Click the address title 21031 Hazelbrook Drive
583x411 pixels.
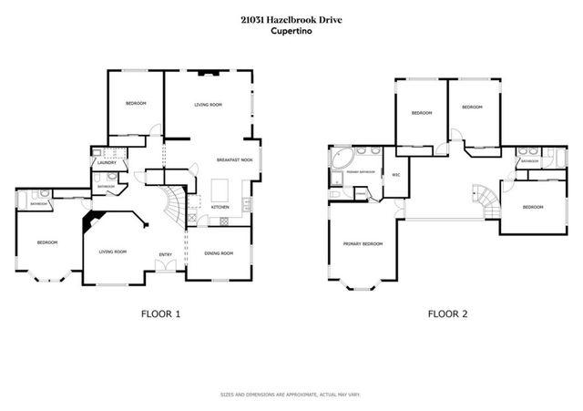pos(291,19)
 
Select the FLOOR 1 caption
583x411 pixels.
pos(160,314)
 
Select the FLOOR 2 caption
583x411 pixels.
pos(447,314)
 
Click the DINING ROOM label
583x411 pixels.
pos(220,253)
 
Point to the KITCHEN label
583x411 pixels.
pos(220,208)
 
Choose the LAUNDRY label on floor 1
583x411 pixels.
pos(107,163)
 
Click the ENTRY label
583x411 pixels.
pos(166,254)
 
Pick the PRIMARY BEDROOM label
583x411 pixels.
pos(363,244)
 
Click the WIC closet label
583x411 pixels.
pos(396,174)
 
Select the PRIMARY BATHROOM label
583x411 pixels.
pos(359,171)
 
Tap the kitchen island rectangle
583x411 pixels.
pos(219,190)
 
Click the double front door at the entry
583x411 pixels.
pos(163,265)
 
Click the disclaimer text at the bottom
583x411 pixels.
pos(291,395)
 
